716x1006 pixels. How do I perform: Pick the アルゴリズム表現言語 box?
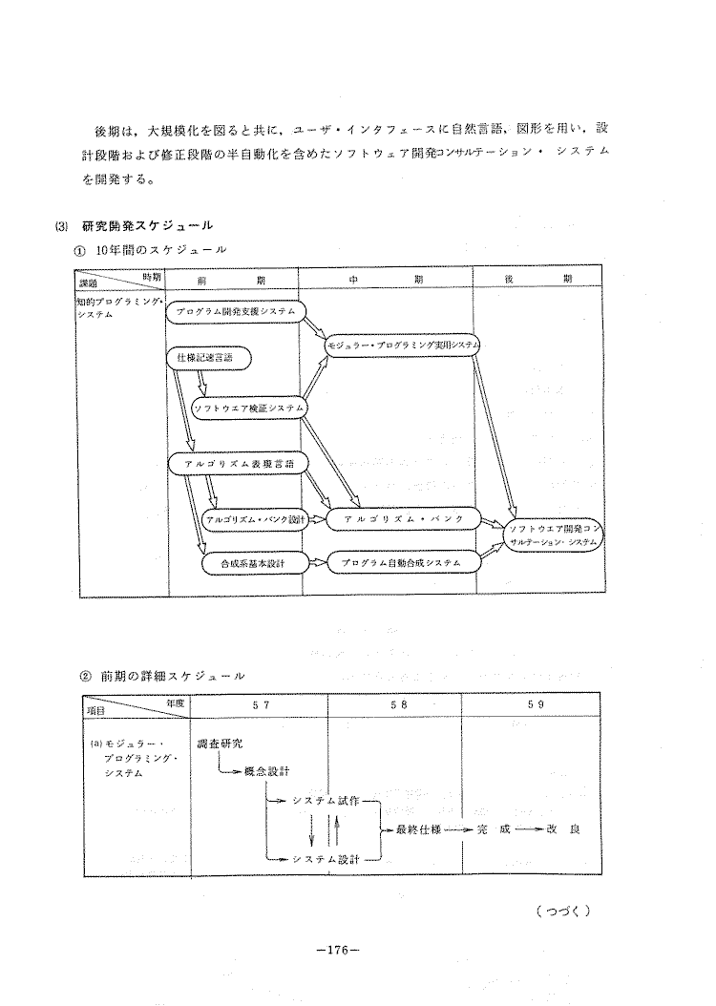point(237,463)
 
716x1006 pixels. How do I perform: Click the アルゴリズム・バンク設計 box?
point(256,518)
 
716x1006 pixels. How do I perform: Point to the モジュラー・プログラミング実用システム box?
point(403,344)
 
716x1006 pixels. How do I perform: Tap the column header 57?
point(260,703)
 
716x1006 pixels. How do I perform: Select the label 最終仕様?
point(418,828)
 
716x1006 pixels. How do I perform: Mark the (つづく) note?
point(564,910)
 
